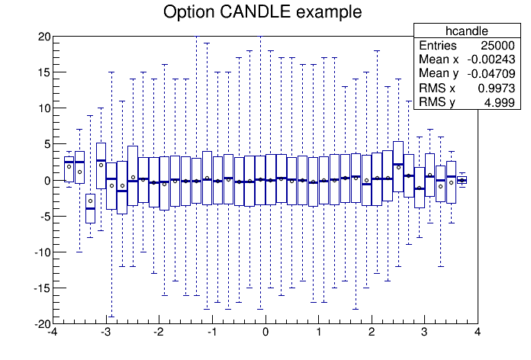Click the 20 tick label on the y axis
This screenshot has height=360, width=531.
tap(43, 37)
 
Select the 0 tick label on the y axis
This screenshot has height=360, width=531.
tap(47, 180)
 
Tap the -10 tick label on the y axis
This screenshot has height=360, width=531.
tap(42, 252)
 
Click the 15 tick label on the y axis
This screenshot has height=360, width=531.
tap(43, 72)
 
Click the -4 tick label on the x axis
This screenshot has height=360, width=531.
tap(52, 333)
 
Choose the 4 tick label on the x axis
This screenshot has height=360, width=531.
tap(478, 333)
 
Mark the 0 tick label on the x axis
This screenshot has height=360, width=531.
tap(265, 333)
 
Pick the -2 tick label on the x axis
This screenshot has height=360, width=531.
tap(158, 333)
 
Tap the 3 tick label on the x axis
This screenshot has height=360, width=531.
tap(424, 333)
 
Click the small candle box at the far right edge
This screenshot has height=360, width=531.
tap(462, 180)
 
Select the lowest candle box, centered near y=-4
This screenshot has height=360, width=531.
tap(90, 208)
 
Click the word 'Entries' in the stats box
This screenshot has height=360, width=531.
tap(438, 46)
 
